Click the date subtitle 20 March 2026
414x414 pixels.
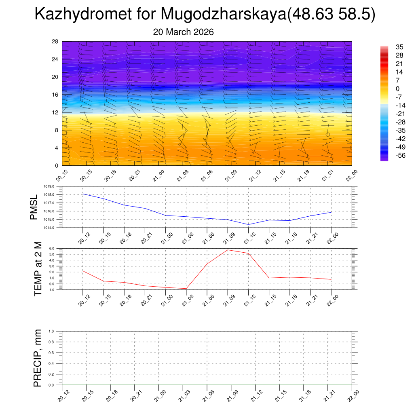pos(183,32)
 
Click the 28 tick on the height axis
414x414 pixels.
pos(55,42)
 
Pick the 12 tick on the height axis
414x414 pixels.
pos(55,112)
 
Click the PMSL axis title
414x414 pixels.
pos(34,207)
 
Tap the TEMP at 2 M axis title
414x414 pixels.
pos(38,269)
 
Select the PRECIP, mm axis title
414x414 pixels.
pos(38,358)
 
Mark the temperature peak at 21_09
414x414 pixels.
pos(228,250)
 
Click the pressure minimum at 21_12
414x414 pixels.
pos(248,224)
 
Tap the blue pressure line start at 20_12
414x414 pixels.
pos(83,194)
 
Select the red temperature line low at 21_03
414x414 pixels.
pos(186,289)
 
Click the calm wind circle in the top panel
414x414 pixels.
pos(327,135)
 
